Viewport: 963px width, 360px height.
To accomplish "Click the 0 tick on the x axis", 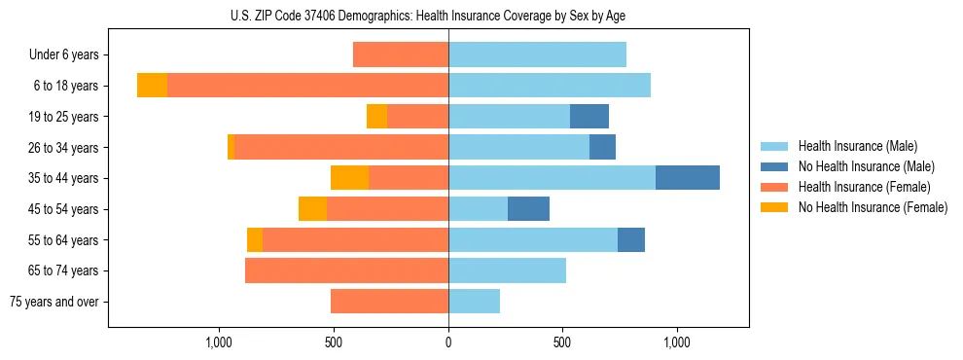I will (448, 342).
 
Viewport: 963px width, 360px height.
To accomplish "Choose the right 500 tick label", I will (562, 342).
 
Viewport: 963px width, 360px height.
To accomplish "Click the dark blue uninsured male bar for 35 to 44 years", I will (687, 178).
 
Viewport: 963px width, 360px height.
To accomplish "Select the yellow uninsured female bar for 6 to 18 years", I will (152, 86).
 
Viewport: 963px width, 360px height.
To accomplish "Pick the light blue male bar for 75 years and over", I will (474, 302).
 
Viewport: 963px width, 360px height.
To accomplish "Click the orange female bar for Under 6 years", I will (401, 54).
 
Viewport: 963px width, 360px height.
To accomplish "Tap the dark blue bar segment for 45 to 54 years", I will (528, 209).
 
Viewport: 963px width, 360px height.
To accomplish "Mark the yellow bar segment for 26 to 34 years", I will (231, 147).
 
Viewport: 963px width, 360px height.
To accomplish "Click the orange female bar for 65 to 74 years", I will (346, 270).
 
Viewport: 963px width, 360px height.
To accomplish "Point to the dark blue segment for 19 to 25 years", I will (589, 117).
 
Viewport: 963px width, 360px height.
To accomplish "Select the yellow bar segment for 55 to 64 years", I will (255, 240).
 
